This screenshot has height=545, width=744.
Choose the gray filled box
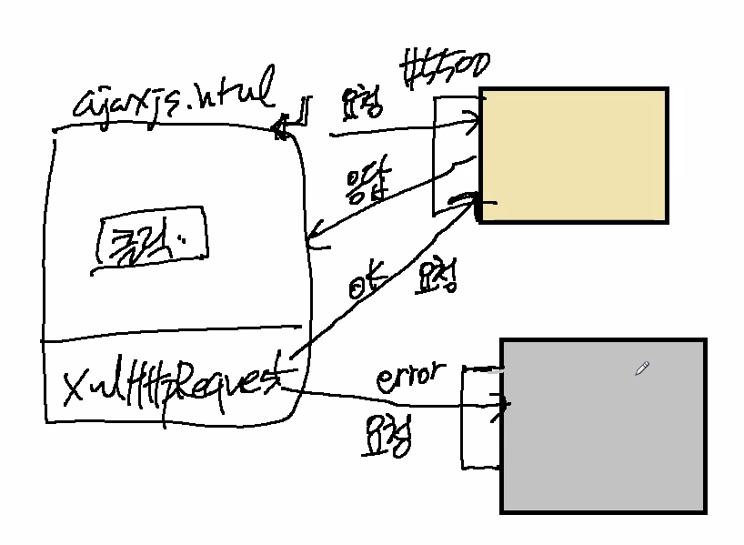coord(603,426)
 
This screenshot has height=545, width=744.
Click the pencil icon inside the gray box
coord(641,368)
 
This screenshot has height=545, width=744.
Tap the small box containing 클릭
coord(150,240)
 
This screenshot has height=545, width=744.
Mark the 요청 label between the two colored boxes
coord(437,278)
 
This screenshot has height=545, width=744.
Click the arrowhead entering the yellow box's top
coord(473,118)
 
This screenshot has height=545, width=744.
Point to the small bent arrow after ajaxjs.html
coord(296,116)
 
